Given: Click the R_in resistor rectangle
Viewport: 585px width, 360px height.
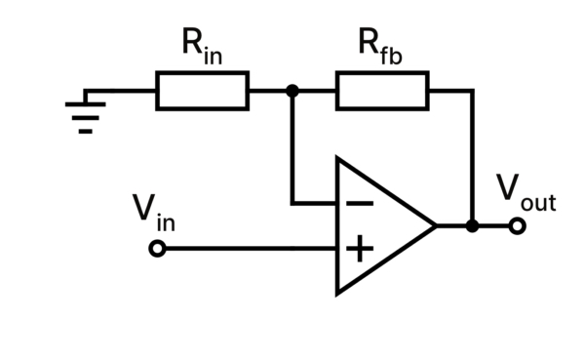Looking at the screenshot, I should pos(202,91).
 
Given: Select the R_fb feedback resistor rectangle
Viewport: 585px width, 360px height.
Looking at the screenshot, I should pos(382,91).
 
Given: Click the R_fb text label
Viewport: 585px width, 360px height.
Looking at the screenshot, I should pos(381,45).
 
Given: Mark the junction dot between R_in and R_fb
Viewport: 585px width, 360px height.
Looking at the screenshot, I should pos(292,91).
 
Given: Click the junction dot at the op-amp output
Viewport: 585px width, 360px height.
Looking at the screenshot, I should pos(473,225).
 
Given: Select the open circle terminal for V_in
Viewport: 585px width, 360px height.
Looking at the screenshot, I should pos(157,250).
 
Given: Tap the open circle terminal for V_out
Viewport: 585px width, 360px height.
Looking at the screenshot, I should pos(518,225).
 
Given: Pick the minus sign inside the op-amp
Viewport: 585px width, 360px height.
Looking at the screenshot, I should pos(359,203).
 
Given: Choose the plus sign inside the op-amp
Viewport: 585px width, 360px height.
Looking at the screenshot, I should pos(359,250).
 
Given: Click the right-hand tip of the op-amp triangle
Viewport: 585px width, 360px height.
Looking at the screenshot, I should pos(434,225).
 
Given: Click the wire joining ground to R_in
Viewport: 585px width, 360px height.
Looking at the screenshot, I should pos(122,91).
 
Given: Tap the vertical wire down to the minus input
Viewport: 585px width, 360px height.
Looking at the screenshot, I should pos(292,146).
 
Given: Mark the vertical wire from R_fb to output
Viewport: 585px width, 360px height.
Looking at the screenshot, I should pos(473,156).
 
